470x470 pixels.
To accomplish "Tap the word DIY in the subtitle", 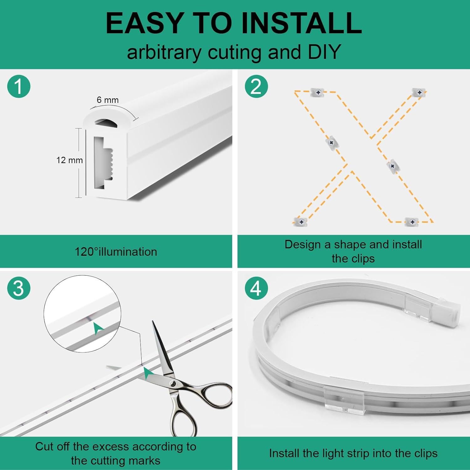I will (324, 52).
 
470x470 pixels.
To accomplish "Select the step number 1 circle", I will (19, 86).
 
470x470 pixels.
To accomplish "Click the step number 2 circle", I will (256, 86).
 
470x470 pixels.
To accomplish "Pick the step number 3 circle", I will (19, 288).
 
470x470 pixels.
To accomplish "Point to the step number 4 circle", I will (256, 288).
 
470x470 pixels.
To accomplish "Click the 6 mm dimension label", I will (107, 100).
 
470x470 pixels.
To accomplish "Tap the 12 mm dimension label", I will (69, 160).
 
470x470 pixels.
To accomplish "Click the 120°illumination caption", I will (116, 252).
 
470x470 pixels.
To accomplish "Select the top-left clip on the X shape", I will (318, 92).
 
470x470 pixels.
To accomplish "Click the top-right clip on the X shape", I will (419, 92).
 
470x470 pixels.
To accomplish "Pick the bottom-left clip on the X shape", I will (301, 222).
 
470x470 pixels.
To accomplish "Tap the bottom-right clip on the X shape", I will (412, 222).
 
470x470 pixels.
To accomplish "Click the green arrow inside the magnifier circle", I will (98, 328).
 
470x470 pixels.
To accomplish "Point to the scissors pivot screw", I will (172, 383).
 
